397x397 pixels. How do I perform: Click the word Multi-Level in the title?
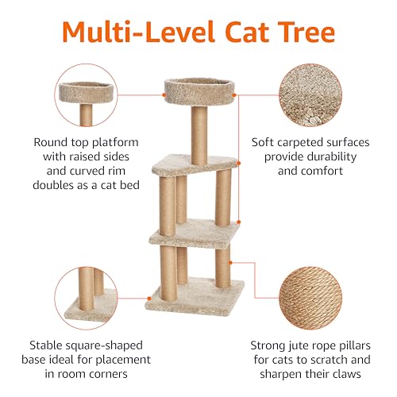click(x=138, y=32)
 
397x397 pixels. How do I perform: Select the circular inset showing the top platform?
click(x=86, y=95)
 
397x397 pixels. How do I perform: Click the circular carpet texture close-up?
click(x=310, y=95)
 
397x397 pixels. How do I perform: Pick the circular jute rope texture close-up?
click(x=310, y=298)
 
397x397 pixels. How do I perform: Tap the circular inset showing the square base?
click(x=86, y=298)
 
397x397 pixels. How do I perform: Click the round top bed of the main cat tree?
click(x=199, y=91)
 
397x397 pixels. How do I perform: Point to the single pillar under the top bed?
click(x=199, y=135)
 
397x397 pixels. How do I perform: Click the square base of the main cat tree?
click(x=195, y=297)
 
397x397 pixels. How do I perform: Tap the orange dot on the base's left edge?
click(x=149, y=299)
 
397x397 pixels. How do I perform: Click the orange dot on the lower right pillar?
click(x=230, y=263)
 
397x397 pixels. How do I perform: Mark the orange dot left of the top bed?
click(x=164, y=94)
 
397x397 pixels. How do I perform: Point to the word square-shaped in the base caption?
click(x=104, y=345)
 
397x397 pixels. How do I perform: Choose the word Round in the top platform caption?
click(x=50, y=142)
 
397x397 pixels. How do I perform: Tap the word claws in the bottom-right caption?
click(x=346, y=374)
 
